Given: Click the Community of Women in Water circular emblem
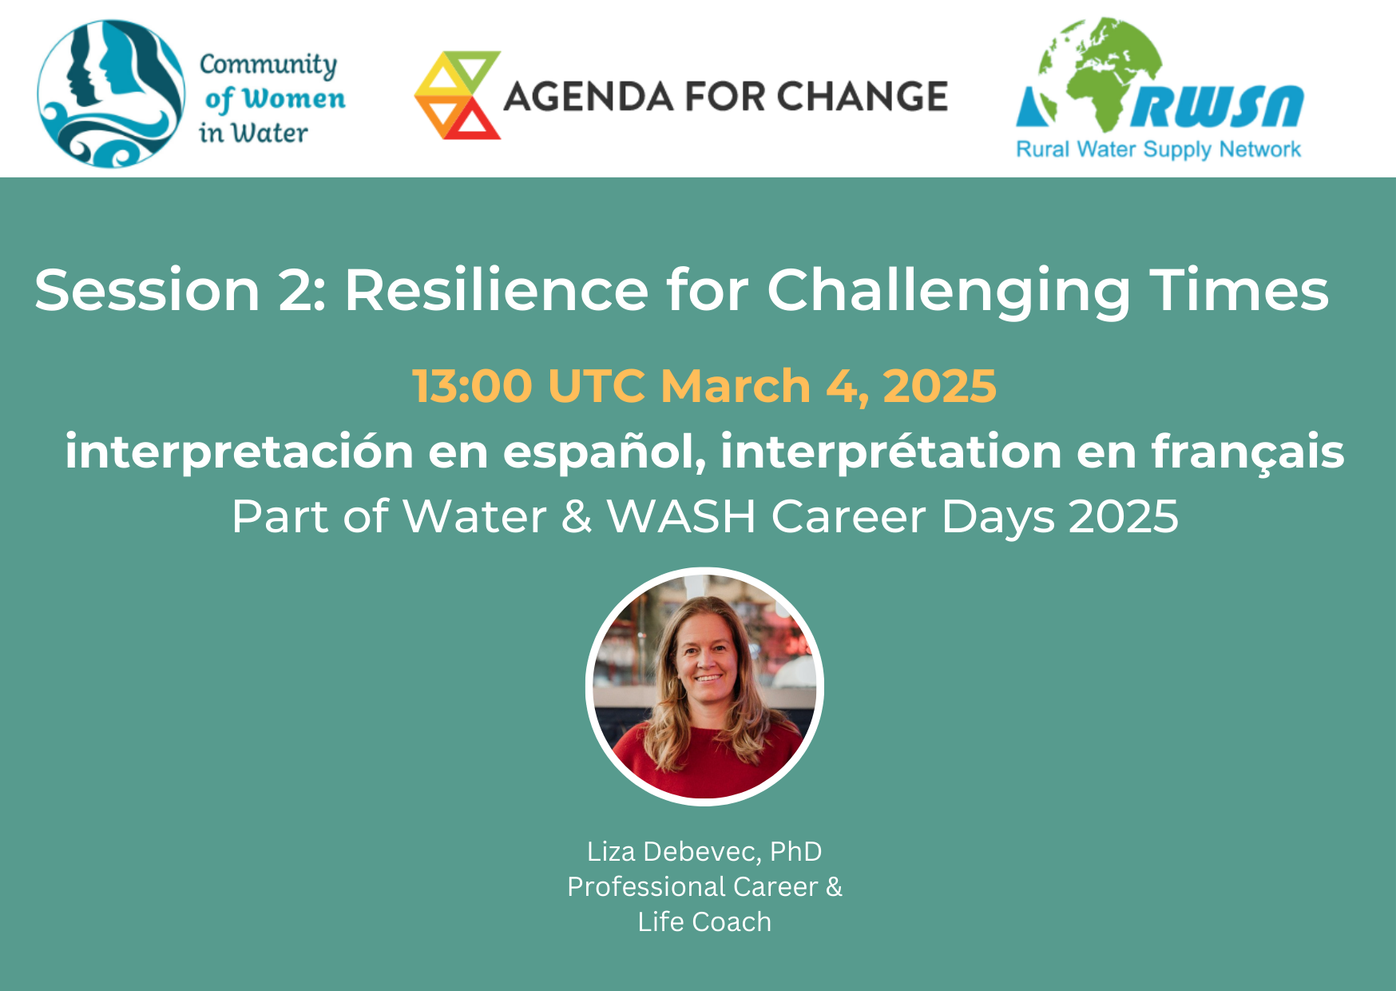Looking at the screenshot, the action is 111,94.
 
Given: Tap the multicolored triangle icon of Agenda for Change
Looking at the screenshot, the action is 458,95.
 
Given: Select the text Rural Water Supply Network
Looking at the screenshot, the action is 1158,149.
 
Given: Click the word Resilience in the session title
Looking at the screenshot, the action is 496,289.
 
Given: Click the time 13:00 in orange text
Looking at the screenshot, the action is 472,386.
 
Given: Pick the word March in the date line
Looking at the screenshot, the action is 736,386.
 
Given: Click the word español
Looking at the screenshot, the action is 604,452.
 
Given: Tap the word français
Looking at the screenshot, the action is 1247,452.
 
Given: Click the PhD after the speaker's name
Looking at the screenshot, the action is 795,852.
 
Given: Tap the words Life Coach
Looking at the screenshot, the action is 704,922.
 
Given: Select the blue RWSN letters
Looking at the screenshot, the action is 1216,107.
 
